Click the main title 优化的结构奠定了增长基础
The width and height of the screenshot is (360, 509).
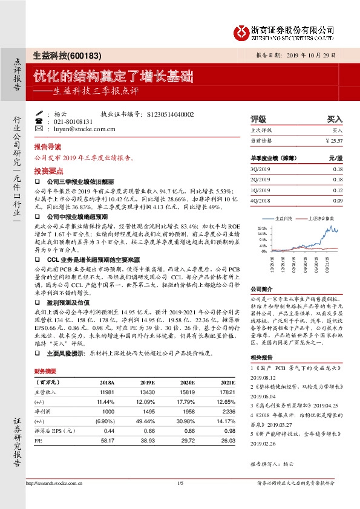click(x=114, y=76)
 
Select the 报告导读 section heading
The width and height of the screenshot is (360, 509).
click(x=48, y=147)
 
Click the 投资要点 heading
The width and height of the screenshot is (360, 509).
click(x=48, y=170)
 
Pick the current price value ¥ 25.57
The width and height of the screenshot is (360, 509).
click(x=333, y=140)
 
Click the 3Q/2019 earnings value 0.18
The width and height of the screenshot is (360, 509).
click(x=337, y=170)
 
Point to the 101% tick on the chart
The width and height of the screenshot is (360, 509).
click(x=262, y=229)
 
